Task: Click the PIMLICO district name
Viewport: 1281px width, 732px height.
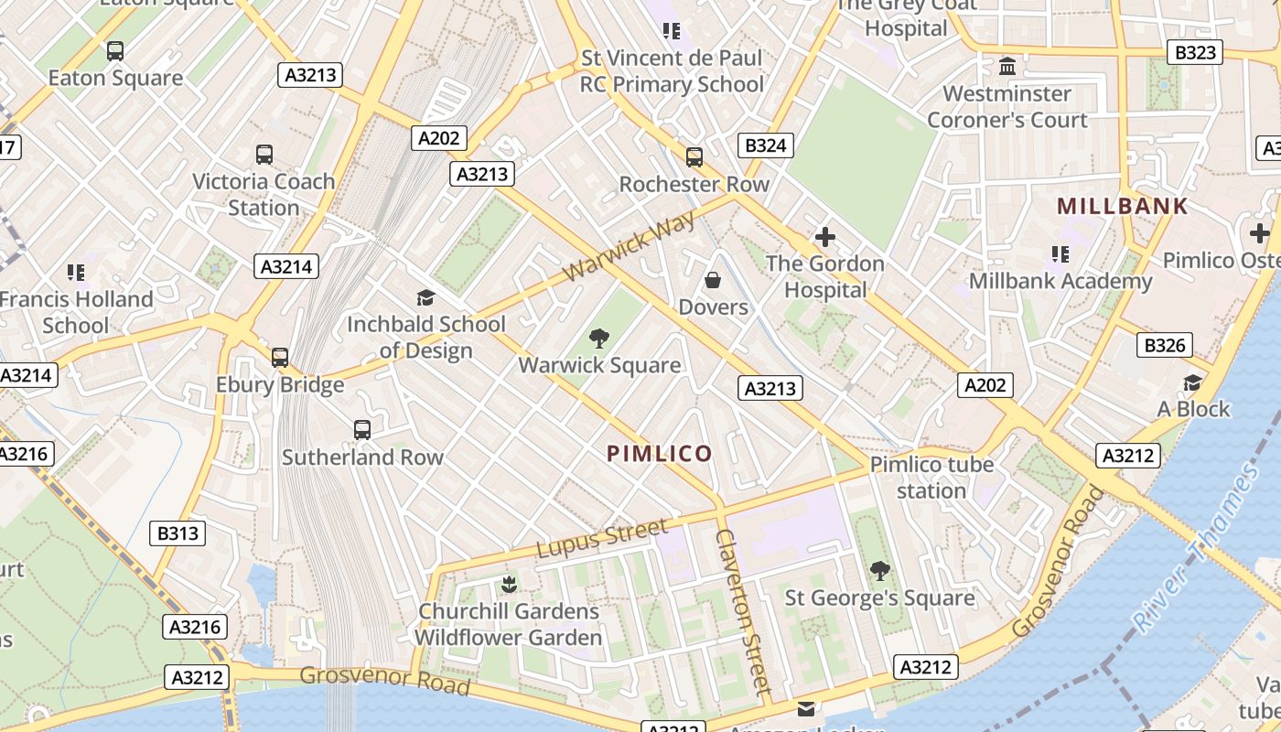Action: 659,453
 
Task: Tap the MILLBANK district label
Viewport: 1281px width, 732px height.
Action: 1122,206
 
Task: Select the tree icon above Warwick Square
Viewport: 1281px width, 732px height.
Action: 599,339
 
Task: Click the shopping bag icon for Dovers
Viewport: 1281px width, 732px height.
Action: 713,280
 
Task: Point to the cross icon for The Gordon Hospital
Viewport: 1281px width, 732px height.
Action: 824,237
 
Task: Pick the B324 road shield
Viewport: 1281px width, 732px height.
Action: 765,145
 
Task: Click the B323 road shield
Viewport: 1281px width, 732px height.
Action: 1195,52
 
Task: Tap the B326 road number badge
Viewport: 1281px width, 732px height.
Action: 1165,345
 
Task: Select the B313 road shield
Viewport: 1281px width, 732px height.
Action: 178,533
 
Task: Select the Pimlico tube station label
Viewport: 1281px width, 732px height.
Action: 931,478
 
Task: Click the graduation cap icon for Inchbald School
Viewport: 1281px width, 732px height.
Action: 425,297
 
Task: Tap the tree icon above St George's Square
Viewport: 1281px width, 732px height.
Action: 879,571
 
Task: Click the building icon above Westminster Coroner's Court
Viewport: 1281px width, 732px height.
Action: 1007,67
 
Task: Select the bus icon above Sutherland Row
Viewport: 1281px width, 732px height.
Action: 362,430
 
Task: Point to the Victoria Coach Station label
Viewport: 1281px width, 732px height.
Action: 264,194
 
